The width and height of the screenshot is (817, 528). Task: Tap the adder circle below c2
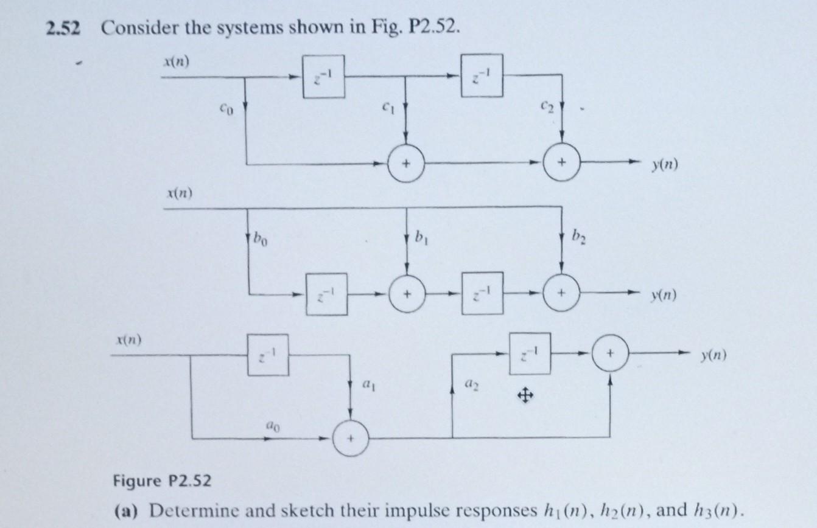561,164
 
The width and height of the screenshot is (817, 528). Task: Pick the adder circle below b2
561,294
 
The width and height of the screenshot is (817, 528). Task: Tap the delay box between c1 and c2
482,76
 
